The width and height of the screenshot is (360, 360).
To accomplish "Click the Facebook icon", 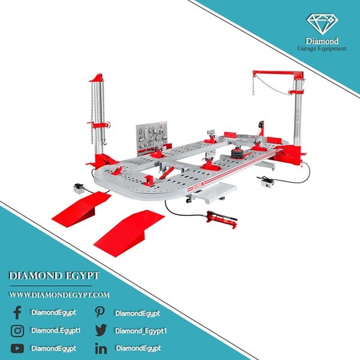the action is coord(17,313).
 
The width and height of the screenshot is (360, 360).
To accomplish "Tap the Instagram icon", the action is coord(17,331).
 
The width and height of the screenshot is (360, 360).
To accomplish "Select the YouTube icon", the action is coord(17,349).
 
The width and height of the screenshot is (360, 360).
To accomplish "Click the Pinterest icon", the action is coord(100,312).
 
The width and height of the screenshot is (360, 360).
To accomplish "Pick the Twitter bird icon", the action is coord(101,330).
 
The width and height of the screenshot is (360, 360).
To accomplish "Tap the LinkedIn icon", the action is coord(101,349).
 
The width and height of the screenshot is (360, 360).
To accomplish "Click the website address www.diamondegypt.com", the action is coord(59,295).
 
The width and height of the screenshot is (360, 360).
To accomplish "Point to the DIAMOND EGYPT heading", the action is coord(54,276).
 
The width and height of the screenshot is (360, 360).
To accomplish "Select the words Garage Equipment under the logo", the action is coord(322,49).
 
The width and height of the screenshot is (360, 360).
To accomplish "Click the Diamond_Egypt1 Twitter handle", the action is coord(141,331).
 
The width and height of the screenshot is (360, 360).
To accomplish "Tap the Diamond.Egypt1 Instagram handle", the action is coord(56,331).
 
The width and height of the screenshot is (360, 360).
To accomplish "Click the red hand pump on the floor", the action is coord(221,219).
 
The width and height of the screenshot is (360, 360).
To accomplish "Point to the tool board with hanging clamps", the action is coord(151,136).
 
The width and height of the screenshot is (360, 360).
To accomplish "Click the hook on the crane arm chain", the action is coord(253,93).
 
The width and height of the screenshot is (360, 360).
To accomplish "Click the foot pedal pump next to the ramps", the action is coord(79,188).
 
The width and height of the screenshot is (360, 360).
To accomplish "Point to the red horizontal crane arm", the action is coord(278,73).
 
